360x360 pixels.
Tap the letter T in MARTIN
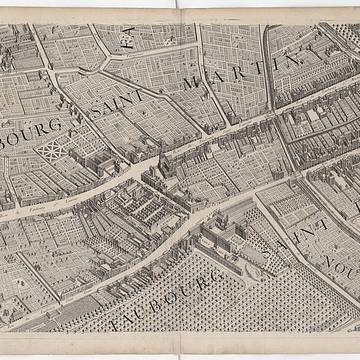[x=247, y=71]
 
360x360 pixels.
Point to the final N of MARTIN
[x=290, y=60]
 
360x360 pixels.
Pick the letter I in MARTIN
[x=268, y=66]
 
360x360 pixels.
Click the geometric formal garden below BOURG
[x=52, y=151]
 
